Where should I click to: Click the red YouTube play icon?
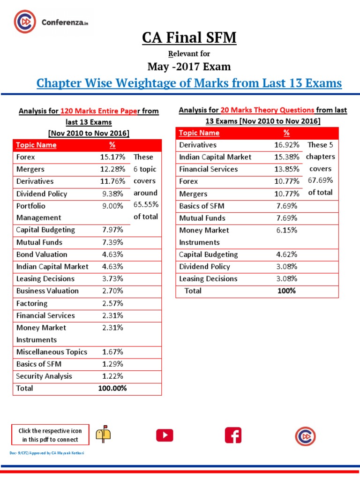point(165,435)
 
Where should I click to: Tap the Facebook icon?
point(233,435)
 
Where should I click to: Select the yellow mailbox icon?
point(103,435)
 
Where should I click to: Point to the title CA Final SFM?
point(189,37)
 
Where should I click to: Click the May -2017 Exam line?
point(189,67)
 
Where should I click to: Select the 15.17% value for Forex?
point(112,157)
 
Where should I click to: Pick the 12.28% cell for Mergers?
point(112,169)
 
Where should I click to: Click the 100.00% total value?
point(112,388)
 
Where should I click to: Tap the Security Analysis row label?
point(44,376)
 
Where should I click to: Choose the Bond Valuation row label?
point(42,255)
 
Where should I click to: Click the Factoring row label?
point(32,303)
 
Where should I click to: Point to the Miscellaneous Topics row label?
point(52,352)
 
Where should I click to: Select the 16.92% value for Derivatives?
point(286,145)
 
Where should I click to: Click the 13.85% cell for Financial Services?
point(286,169)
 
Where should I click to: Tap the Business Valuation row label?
point(47,291)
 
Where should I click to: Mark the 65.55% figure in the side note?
point(146,205)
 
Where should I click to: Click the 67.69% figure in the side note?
point(320,180)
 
